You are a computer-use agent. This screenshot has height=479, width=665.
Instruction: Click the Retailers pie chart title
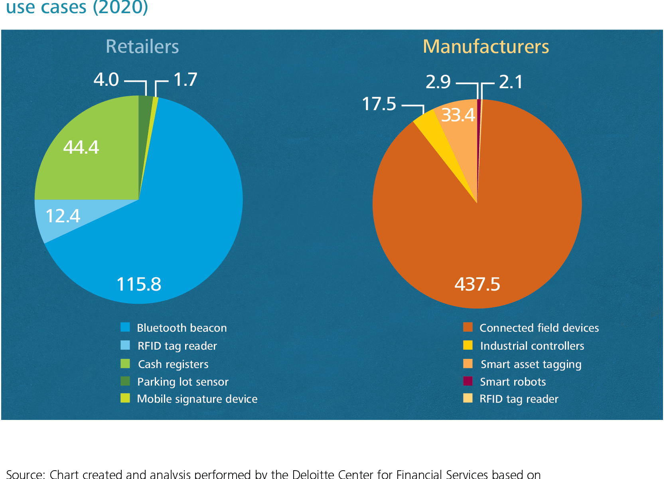pyautogui.click(x=142, y=47)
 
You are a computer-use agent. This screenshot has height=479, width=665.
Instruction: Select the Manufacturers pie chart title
pyautogui.click(x=485, y=47)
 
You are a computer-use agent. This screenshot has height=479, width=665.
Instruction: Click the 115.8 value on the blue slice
pyautogui.click(x=139, y=284)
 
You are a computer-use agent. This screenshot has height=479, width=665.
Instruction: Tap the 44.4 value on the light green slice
pyautogui.click(x=81, y=147)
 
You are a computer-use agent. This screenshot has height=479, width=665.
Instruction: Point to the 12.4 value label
pyautogui.click(x=63, y=216)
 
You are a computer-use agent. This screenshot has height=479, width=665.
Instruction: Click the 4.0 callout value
pyautogui.click(x=106, y=79)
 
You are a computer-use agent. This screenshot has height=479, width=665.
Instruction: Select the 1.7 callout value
pyautogui.click(x=185, y=79)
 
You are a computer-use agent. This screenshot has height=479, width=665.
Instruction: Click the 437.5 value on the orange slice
pyautogui.click(x=477, y=284)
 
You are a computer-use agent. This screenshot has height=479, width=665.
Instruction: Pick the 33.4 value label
pyautogui.click(x=458, y=115)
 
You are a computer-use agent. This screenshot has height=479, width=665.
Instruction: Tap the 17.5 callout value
pyautogui.click(x=379, y=104)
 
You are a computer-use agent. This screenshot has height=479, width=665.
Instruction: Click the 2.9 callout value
pyautogui.click(x=438, y=82)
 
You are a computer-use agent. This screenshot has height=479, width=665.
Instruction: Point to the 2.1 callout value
pyautogui.click(x=511, y=82)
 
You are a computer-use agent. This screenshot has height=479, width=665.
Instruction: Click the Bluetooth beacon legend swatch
pyautogui.click(x=125, y=327)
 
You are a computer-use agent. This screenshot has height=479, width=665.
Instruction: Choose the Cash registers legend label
pyautogui.click(x=173, y=364)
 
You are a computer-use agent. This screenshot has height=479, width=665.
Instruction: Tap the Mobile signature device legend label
pyautogui.click(x=197, y=399)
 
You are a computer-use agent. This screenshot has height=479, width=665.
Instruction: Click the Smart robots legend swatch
pyautogui.click(x=468, y=381)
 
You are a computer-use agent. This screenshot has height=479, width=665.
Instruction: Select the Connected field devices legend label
pyautogui.click(x=539, y=328)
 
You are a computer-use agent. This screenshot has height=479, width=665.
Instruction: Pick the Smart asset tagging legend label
pyautogui.click(x=531, y=364)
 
